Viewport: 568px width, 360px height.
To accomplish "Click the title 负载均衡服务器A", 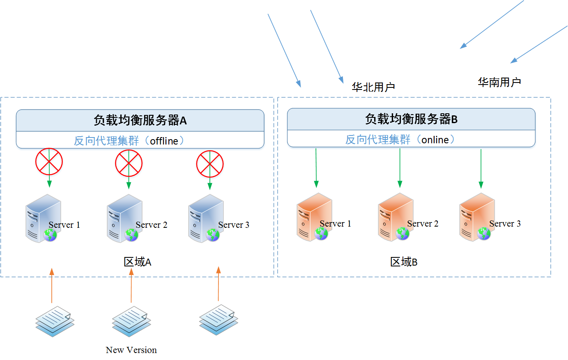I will (x=140, y=120).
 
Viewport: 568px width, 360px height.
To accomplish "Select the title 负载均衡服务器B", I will (x=411, y=119).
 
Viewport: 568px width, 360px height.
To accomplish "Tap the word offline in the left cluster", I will (x=164, y=141).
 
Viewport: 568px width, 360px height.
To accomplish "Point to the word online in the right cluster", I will (x=435, y=140).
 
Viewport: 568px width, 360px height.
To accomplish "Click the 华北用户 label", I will (x=373, y=87).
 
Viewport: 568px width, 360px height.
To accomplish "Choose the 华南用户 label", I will (x=499, y=82).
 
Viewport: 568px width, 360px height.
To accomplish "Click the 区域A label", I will (x=138, y=262).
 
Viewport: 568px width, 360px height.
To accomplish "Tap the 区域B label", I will (x=404, y=262).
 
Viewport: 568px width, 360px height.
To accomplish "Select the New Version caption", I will (x=131, y=350).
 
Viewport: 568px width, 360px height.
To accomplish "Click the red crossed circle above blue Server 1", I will (x=49, y=161).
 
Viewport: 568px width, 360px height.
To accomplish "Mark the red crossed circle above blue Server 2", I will (x=129, y=163).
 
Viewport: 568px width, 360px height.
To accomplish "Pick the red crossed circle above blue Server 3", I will (x=210, y=164).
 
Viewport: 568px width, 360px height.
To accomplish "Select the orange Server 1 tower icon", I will (x=313, y=217).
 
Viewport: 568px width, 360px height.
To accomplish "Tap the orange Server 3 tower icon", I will (x=476, y=217).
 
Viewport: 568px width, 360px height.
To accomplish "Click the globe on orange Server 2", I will (x=402, y=234).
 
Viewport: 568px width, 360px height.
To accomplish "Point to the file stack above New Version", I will (x=130, y=321).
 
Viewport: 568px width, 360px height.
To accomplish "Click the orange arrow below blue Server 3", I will (x=218, y=284).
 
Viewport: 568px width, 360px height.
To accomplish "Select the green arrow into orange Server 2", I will (x=400, y=168).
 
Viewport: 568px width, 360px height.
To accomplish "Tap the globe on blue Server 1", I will (x=50, y=235).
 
